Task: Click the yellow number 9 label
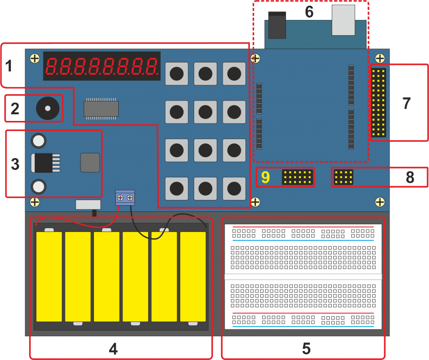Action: point(266,177)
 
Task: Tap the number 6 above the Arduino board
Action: point(309,12)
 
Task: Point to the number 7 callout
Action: point(407,103)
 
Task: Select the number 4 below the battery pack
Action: point(113,349)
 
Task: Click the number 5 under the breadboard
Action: point(306,349)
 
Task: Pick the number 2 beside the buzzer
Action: point(15,109)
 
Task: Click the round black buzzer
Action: point(48,108)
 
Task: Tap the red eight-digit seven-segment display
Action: point(102,66)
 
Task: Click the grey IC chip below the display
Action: point(101,109)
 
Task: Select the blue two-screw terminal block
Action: point(125,198)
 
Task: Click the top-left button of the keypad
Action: point(176,73)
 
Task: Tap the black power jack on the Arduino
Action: point(277,25)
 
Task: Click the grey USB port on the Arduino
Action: point(343,20)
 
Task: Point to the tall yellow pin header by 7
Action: point(378,102)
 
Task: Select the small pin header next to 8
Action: point(343,177)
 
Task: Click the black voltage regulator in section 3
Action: point(45,163)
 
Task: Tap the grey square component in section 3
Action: point(90,163)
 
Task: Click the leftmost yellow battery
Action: point(49,277)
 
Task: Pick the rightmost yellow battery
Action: point(193,277)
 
